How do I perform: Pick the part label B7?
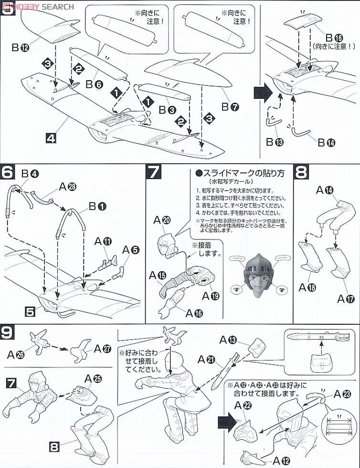point(228,107)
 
